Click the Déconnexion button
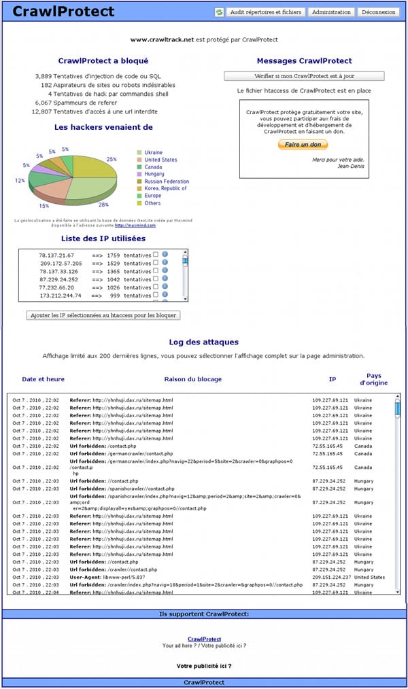point(379,12)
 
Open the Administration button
point(331,12)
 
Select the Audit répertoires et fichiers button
point(265,12)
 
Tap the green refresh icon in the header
point(219,12)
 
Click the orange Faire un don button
point(303,145)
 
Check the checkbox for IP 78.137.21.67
point(156,255)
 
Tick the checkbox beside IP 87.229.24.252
point(156,279)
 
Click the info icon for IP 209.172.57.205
point(165,263)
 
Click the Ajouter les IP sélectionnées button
point(103,315)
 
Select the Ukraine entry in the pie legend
point(153,153)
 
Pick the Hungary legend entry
point(154,174)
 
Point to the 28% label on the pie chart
point(103,205)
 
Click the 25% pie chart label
point(112,159)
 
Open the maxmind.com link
point(144,225)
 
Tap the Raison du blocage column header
point(192,378)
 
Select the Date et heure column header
point(44,378)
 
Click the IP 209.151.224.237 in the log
point(330,577)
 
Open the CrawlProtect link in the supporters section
point(204,639)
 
